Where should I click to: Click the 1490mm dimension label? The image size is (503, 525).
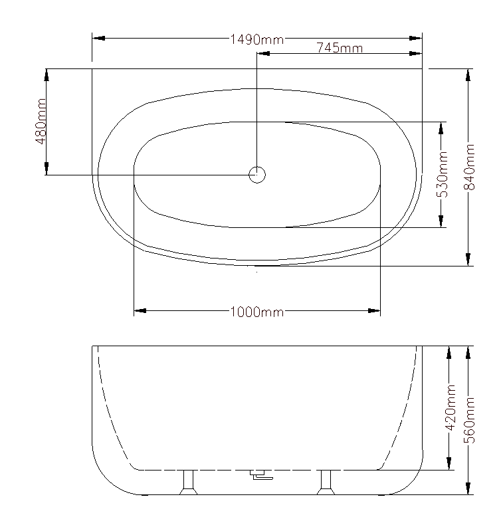256,39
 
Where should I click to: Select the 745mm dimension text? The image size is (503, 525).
340,48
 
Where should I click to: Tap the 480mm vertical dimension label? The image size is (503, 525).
41,121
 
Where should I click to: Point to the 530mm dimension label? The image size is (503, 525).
443,175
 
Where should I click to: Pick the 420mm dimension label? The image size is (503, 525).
450,406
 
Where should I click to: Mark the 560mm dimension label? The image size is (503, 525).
468,420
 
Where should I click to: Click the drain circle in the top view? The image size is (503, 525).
257,175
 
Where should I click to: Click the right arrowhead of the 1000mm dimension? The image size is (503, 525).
374,310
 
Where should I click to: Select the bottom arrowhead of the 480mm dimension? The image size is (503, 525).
47,168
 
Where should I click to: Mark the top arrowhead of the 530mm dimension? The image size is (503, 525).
442,128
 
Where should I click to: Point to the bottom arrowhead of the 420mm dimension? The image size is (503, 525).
450,463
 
